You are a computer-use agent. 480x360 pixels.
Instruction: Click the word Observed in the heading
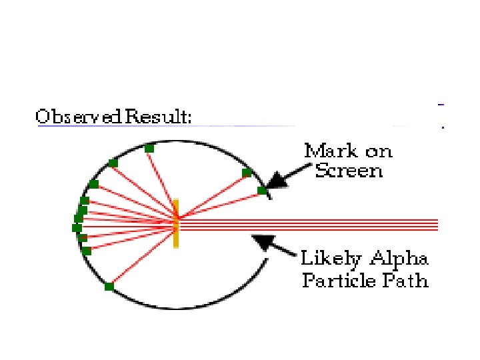79,117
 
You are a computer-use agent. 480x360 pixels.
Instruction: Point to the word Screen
349,171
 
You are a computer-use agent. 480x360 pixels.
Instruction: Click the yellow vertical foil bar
176,223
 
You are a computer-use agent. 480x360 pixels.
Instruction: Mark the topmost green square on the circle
149,147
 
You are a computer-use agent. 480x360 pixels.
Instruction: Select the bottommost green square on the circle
109,287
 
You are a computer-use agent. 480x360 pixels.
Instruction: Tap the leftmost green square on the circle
77,228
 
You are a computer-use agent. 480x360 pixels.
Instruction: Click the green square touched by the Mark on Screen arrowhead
262,191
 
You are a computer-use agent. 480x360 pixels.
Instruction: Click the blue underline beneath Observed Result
167,126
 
